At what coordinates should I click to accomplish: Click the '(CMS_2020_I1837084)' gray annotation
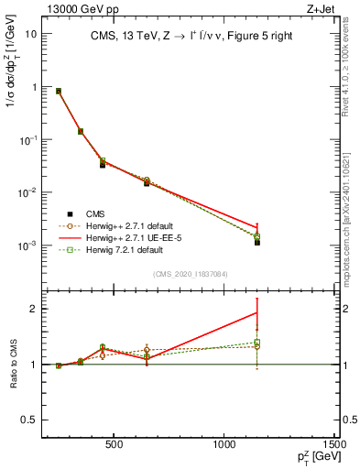[191, 273]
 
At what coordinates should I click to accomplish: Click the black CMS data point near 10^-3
[257, 243]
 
